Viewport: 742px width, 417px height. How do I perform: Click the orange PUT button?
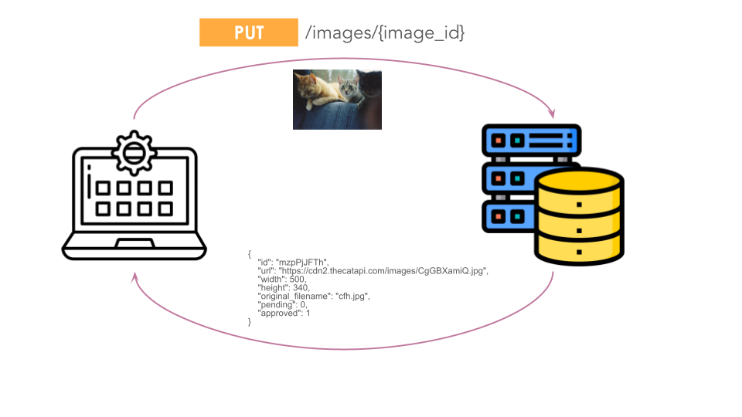(248, 32)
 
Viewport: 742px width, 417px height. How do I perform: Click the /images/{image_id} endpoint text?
(385, 32)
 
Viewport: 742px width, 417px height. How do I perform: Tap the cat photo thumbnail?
(337, 100)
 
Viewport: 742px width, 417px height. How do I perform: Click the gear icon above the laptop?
(134, 153)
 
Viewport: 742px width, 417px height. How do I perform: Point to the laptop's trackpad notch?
(134, 243)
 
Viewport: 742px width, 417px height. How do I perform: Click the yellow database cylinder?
(579, 216)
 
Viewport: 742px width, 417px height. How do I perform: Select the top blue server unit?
(532, 141)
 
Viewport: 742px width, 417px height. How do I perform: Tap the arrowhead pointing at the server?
(551, 114)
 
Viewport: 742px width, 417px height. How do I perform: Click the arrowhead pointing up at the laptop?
(134, 276)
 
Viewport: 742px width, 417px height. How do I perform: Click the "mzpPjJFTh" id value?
(302, 263)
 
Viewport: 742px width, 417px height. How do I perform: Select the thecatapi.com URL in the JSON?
(383, 271)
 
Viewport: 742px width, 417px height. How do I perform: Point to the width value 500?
(298, 280)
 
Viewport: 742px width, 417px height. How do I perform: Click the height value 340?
(301, 287)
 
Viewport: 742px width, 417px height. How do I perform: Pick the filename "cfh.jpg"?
(352, 297)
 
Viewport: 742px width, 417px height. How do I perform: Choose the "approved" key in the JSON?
(280, 314)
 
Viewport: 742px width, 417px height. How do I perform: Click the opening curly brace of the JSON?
(250, 254)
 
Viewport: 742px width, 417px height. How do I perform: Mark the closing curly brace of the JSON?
(250, 322)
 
